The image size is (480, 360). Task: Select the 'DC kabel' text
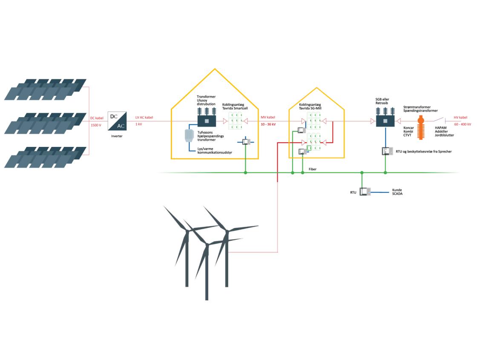[x=97, y=118]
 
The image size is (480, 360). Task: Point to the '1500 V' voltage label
[x=97, y=125]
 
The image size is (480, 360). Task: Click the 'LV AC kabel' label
[x=144, y=118]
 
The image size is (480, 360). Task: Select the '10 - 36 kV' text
[x=268, y=124]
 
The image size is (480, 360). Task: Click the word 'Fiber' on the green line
[x=313, y=169]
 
